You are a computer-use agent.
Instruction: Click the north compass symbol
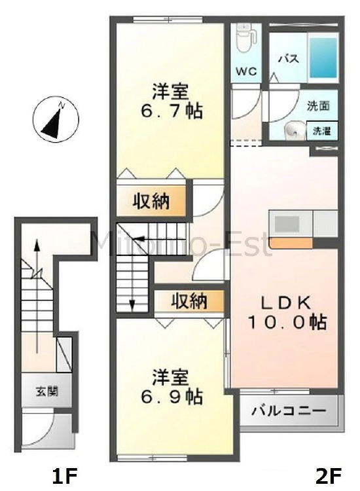(x=56, y=119)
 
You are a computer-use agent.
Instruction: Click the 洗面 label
(x=319, y=105)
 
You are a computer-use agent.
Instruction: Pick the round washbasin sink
(x=294, y=131)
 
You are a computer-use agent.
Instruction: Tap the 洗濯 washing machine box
(x=321, y=131)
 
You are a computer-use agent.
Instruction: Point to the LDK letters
(x=287, y=302)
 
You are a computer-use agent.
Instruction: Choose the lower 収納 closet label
(x=190, y=301)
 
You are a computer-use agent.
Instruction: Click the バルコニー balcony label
(x=289, y=413)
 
